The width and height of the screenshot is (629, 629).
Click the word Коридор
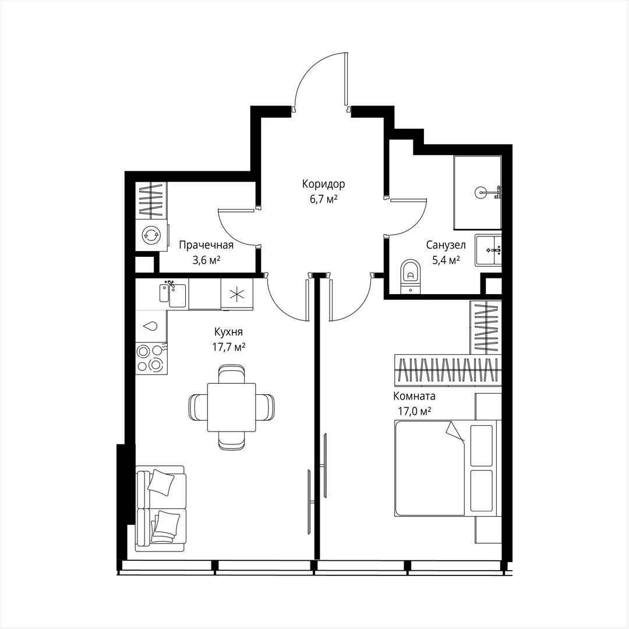tap(323, 184)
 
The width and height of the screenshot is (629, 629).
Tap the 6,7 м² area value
tap(323, 199)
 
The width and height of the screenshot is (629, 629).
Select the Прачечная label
tap(206, 245)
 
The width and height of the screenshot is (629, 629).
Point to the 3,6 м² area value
tap(206, 260)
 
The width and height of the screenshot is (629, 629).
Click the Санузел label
tap(446, 245)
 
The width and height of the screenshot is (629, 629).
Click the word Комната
tap(414, 397)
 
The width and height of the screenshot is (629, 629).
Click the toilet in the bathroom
tap(411, 277)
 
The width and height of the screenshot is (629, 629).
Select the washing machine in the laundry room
tap(151, 235)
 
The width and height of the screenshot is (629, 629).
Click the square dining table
tap(232, 407)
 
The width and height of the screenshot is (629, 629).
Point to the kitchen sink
tap(172, 294)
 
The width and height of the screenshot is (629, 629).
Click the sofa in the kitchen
tap(161, 508)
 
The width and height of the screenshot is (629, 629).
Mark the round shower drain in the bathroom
tap(481, 191)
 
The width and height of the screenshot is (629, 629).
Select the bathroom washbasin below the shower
tap(487, 250)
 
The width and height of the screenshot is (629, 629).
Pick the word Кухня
tap(228, 332)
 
